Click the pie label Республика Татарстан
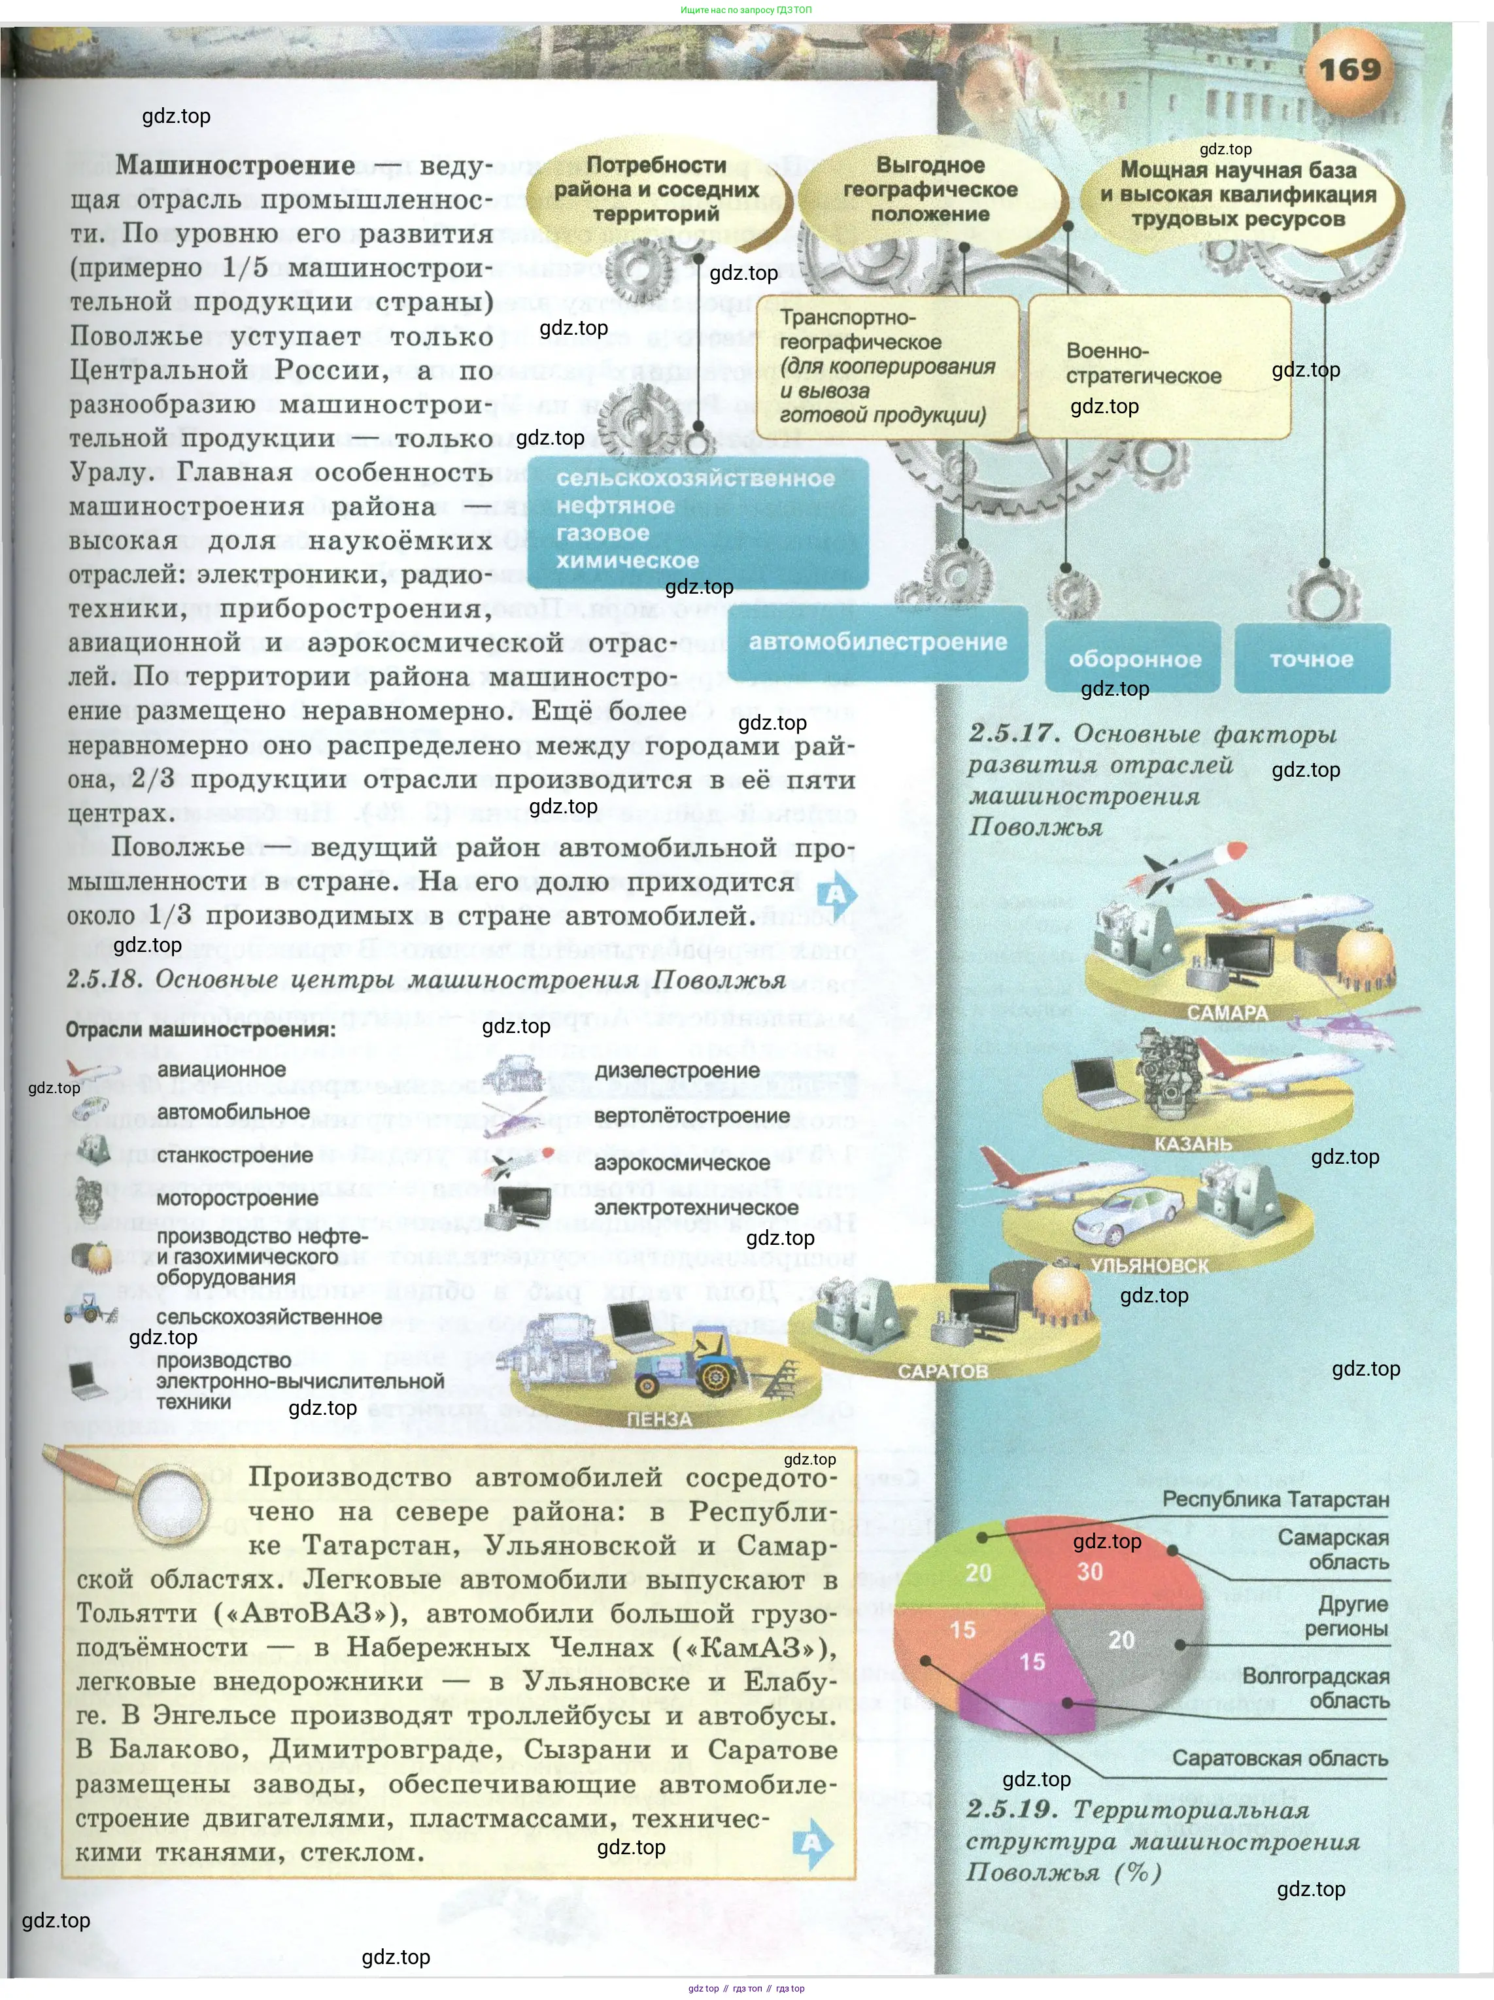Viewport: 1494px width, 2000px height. [x=1275, y=1500]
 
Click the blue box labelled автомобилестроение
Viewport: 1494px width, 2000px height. [x=877, y=643]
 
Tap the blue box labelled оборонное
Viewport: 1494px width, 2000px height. [x=1134, y=659]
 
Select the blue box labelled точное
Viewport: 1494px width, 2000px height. [x=1312, y=659]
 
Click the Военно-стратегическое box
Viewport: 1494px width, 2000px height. [x=1159, y=366]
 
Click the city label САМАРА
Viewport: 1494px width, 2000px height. [x=1227, y=1013]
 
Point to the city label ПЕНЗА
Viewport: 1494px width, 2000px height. [x=659, y=1419]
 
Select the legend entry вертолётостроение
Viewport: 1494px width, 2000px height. [x=692, y=1116]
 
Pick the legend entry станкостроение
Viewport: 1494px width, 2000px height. [x=234, y=1155]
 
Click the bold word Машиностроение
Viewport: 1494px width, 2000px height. [x=235, y=165]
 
